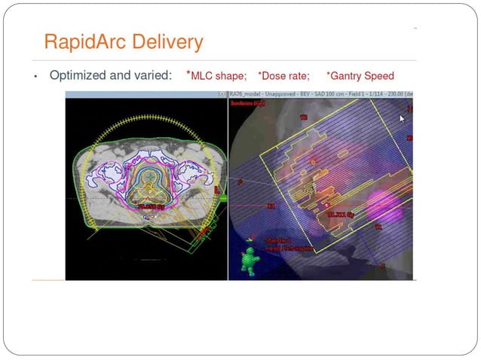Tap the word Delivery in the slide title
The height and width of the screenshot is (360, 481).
(167, 41)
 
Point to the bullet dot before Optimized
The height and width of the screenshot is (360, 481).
(35, 77)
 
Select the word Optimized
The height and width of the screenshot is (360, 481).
(79, 76)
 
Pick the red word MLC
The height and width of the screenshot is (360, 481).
(203, 76)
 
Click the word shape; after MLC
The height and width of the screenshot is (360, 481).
(231, 76)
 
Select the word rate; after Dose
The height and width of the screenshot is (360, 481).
(299, 76)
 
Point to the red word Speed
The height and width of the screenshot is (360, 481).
(379, 76)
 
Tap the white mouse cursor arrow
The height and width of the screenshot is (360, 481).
(403, 119)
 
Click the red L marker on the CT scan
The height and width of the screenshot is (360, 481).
(217, 189)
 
